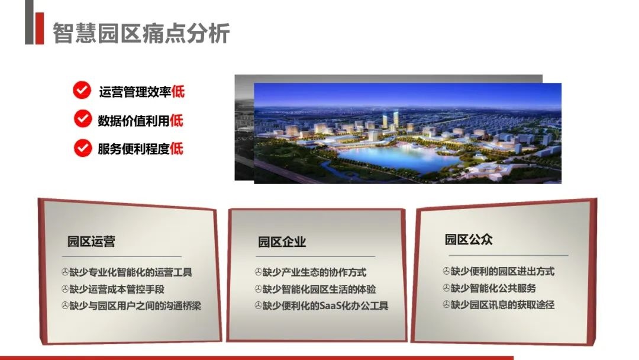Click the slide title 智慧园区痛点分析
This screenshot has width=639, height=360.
pyautogui.click(x=141, y=33)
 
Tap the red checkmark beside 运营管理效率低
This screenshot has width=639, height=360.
pyautogui.click(x=82, y=91)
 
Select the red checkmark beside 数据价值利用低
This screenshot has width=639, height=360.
pyautogui.click(x=82, y=120)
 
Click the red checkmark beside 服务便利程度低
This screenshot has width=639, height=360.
pyautogui.click(x=82, y=148)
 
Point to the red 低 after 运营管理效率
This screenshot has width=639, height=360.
pyautogui.click(x=177, y=91)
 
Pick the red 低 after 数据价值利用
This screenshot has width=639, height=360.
pyautogui.click(x=176, y=120)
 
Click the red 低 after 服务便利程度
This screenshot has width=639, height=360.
pyautogui.click(x=176, y=149)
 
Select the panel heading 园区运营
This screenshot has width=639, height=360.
pyautogui.click(x=91, y=242)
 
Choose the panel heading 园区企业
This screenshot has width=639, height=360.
pyautogui.click(x=282, y=242)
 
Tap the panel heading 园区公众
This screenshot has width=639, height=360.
pyautogui.click(x=469, y=239)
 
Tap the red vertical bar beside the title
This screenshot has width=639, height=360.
pyautogui.click(x=40, y=28)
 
